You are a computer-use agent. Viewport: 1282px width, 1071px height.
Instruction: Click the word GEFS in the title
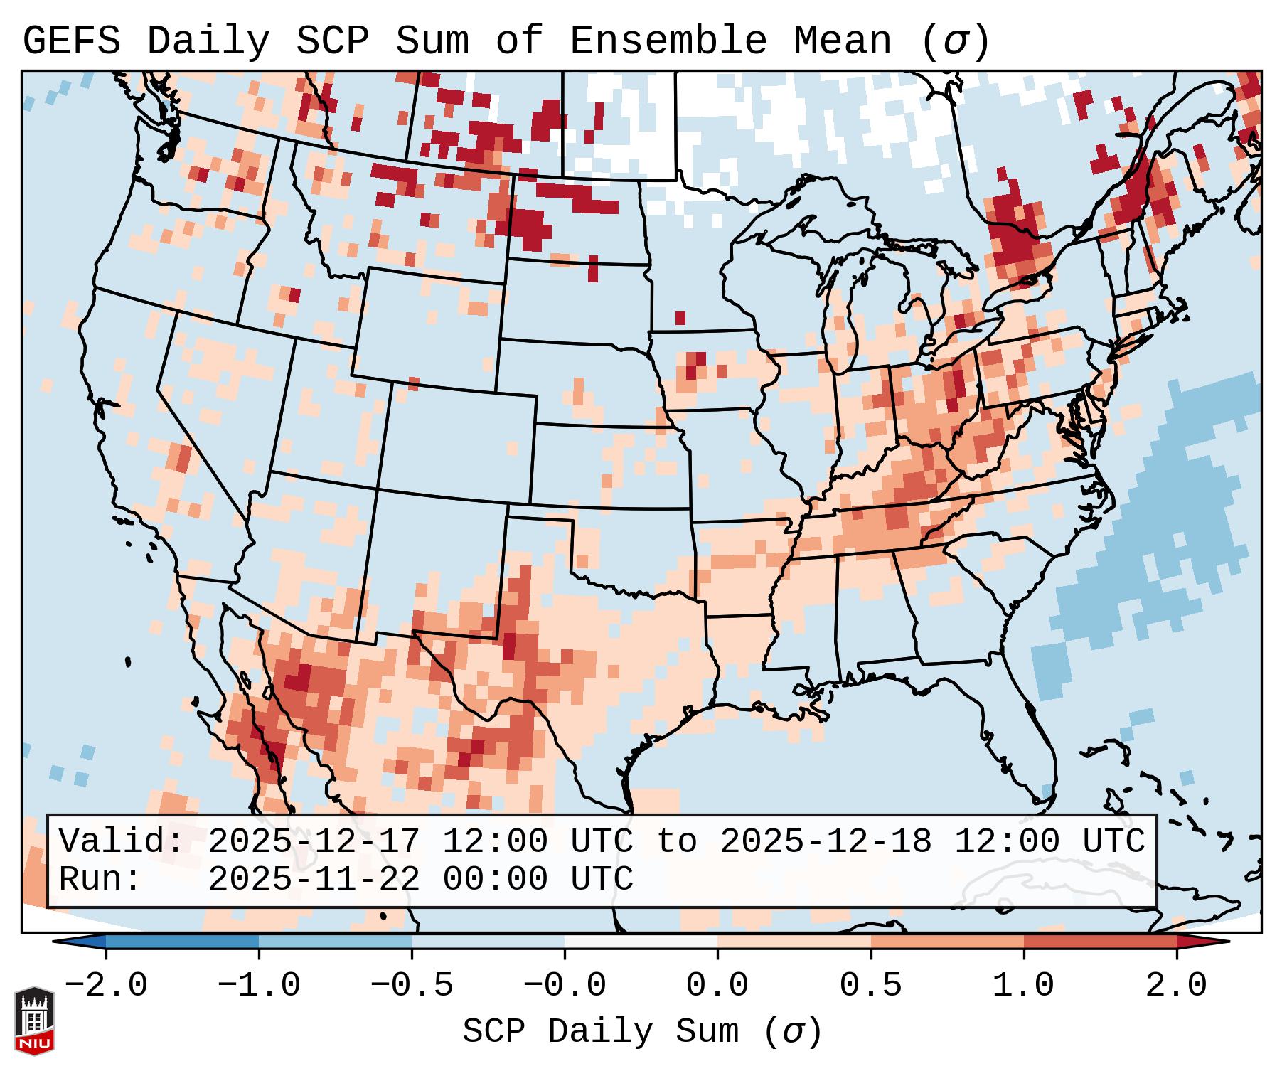(71, 41)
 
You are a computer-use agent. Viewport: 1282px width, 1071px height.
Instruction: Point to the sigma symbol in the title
(955, 41)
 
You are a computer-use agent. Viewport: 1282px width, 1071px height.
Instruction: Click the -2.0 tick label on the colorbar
(106, 986)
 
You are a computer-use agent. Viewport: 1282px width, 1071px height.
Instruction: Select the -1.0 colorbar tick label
(259, 986)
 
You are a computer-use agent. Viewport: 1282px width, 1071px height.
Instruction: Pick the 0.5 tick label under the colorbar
(870, 986)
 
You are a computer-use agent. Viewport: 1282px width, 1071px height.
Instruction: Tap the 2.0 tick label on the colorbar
(1176, 986)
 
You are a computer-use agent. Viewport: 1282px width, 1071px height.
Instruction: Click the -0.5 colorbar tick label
(412, 986)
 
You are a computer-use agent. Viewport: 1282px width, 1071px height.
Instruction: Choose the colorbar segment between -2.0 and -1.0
(182, 942)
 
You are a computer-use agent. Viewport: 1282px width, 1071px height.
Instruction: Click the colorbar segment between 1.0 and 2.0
(1100, 942)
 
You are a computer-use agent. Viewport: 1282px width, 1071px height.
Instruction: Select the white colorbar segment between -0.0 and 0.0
(641, 942)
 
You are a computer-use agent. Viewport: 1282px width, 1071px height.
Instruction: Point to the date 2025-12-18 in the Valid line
(826, 841)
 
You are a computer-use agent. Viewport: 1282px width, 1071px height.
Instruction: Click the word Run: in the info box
(100, 879)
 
